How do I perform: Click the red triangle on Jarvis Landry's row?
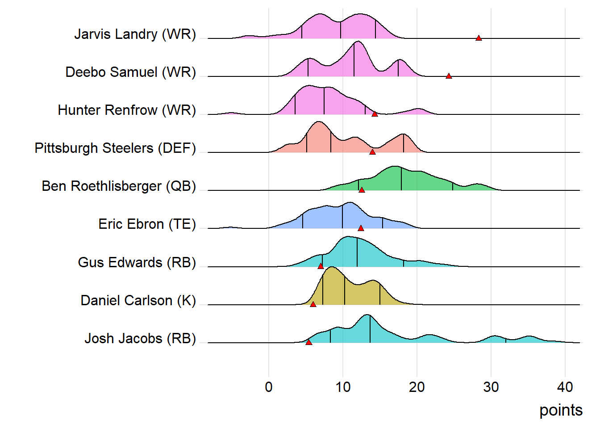(x=479, y=38)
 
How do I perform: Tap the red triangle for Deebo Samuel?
(x=449, y=76)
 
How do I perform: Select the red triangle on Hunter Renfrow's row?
(x=375, y=114)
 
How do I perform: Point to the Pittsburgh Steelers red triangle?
(x=372, y=152)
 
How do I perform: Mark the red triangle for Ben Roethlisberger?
(x=362, y=190)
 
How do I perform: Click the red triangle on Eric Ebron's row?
(x=361, y=228)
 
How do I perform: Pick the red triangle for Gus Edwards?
(x=321, y=266)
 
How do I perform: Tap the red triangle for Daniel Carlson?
(x=313, y=304)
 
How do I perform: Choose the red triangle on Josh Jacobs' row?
(x=308, y=342)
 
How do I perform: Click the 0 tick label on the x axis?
(x=269, y=387)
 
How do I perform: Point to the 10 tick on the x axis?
(x=343, y=387)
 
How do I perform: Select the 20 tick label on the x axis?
(x=417, y=387)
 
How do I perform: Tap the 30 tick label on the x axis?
(x=491, y=387)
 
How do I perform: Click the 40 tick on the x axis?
(x=565, y=387)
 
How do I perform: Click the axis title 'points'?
(x=561, y=410)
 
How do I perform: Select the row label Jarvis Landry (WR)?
(x=135, y=34)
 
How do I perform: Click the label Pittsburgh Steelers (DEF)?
(x=115, y=148)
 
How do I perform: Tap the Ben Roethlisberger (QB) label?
(x=119, y=186)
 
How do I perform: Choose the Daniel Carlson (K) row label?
(x=138, y=301)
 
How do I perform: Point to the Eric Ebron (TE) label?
(x=147, y=224)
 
